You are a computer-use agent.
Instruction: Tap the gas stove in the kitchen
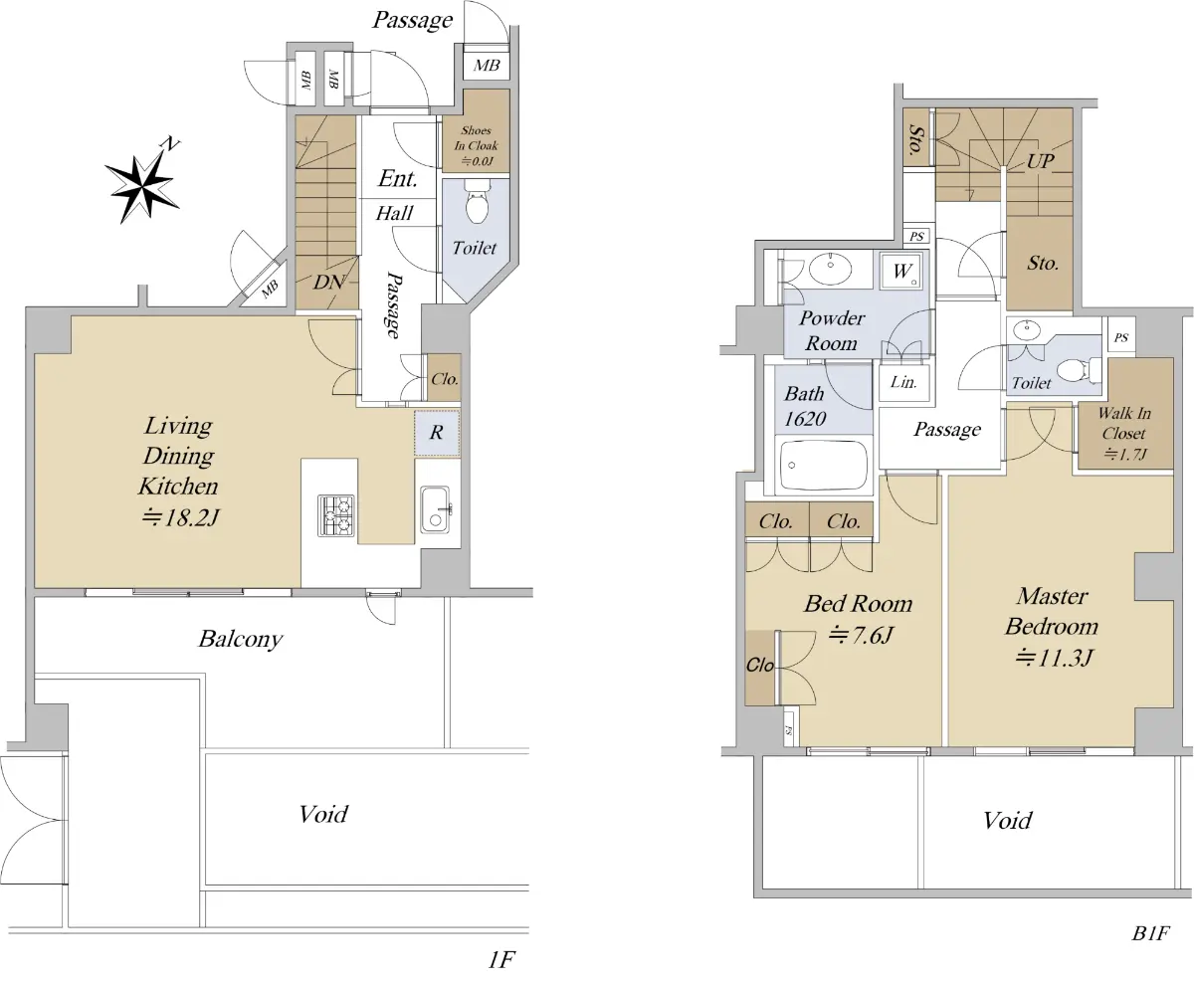335,515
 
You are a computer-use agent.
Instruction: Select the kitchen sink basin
436,510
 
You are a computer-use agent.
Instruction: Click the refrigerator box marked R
437,433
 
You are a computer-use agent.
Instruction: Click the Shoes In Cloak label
476,146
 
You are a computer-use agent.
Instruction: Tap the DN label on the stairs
328,282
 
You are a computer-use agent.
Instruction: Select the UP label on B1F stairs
1040,161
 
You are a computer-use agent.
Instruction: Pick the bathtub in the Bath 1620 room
824,465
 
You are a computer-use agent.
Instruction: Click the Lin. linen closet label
903,381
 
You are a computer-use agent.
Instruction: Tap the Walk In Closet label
1124,434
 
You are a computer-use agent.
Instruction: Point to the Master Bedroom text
1052,611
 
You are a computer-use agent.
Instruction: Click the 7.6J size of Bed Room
861,635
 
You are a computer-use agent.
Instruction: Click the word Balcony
241,639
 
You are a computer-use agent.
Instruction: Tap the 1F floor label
501,960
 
